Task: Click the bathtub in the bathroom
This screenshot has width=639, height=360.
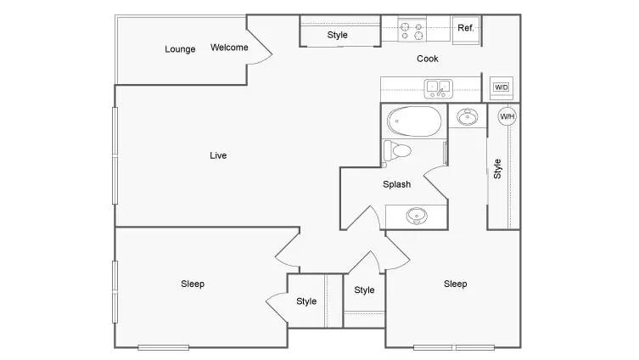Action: pyautogui.click(x=414, y=121)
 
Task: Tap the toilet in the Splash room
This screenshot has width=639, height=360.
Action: pyautogui.click(x=397, y=151)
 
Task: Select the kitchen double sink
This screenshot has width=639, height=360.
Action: pyautogui.click(x=438, y=88)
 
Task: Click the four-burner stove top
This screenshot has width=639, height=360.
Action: pyautogui.click(x=412, y=31)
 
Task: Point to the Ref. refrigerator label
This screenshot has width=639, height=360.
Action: pyautogui.click(x=465, y=28)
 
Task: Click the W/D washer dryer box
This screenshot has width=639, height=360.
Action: pyautogui.click(x=501, y=87)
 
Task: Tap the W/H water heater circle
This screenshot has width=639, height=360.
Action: pyautogui.click(x=507, y=116)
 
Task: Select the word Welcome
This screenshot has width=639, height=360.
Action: pyautogui.click(x=229, y=48)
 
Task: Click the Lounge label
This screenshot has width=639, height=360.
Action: pyautogui.click(x=180, y=49)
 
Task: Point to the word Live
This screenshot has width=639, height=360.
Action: pyautogui.click(x=218, y=155)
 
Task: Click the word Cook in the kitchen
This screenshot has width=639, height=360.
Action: pyautogui.click(x=428, y=59)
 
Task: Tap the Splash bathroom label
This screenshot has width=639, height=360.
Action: pyautogui.click(x=396, y=184)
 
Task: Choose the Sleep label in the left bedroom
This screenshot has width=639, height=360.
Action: pyautogui.click(x=193, y=284)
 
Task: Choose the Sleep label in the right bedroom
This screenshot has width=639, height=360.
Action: pyautogui.click(x=455, y=284)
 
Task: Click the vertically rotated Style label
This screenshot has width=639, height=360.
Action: pyautogui.click(x=497, y=169)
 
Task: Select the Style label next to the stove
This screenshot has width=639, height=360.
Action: pyautogui.click(x=338, y=35)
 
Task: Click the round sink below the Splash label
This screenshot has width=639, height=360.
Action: pyautogui.click(x=417, y=216)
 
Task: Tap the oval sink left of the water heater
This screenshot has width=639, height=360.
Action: pyautogui.click(x=468, y=116)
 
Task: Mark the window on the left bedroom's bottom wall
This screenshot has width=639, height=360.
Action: pyautogui.click(x=164, y=348)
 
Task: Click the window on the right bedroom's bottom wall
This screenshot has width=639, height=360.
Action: pyautogui.click(x=454, y=348)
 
